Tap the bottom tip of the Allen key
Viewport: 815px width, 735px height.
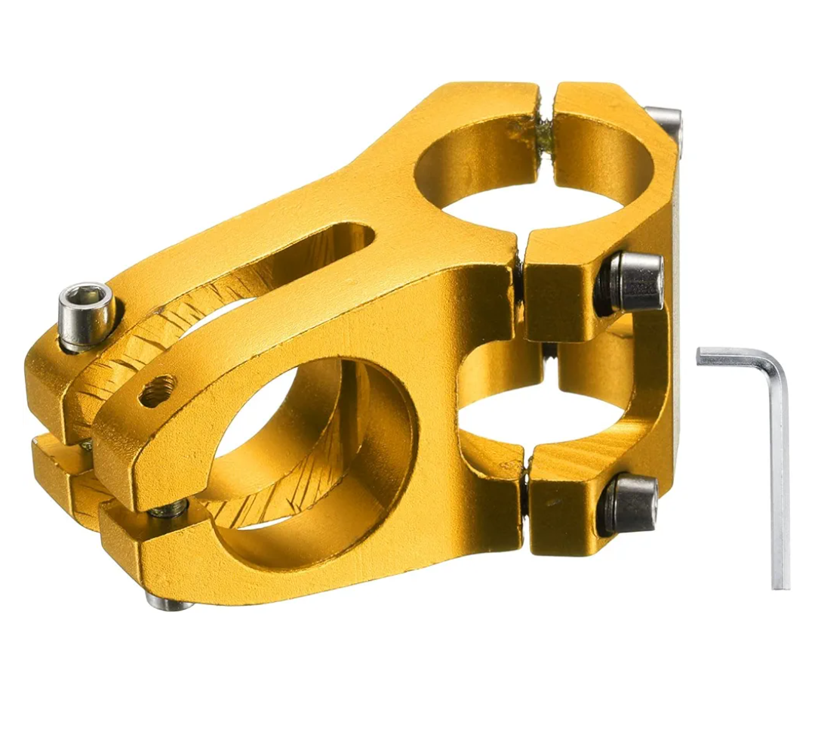[780, 583]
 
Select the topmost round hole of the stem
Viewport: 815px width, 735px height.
[528, 170]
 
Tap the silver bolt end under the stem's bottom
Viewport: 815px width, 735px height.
[168, 602]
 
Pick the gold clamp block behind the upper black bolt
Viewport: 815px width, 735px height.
[562, 287]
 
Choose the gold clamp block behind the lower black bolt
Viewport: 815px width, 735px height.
[562, 502]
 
